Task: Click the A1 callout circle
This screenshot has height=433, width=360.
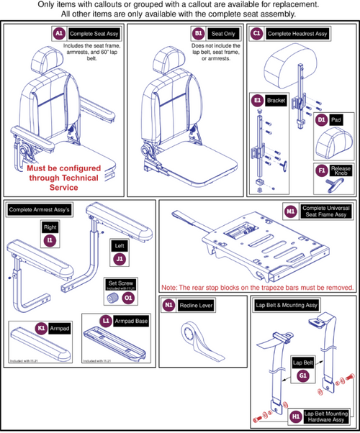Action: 59,33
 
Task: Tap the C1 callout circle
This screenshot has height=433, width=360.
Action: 256,33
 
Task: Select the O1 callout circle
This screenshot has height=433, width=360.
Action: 128,296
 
